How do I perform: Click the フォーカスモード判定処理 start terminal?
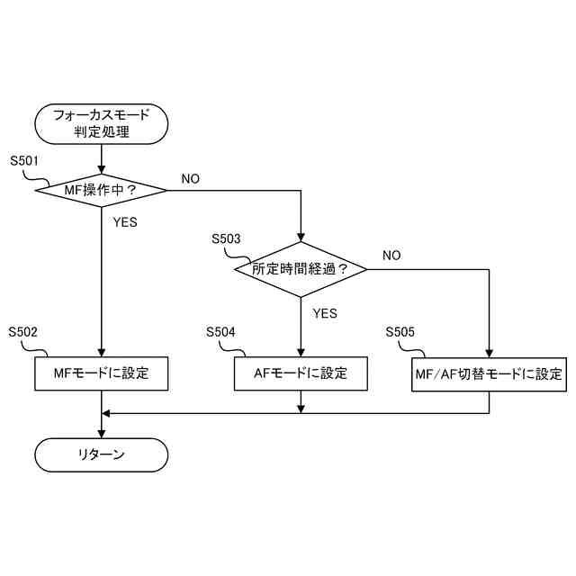[102, 123]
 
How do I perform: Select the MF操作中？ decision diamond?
[102, 190]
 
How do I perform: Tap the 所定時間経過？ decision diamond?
[301, 268]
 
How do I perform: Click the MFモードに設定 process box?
[102, 373]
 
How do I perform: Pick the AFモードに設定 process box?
[301, 373]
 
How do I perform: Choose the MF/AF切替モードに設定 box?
[489, 373]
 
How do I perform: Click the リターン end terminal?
[102, 454]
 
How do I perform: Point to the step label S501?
[24, 162]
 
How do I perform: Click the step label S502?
[24, 332]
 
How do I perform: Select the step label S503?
[226, 239]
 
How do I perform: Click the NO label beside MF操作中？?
[191, 178]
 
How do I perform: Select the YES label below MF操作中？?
[125, 222]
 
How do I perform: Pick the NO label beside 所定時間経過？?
[391, 256]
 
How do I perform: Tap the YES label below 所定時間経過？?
[324, 313]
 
